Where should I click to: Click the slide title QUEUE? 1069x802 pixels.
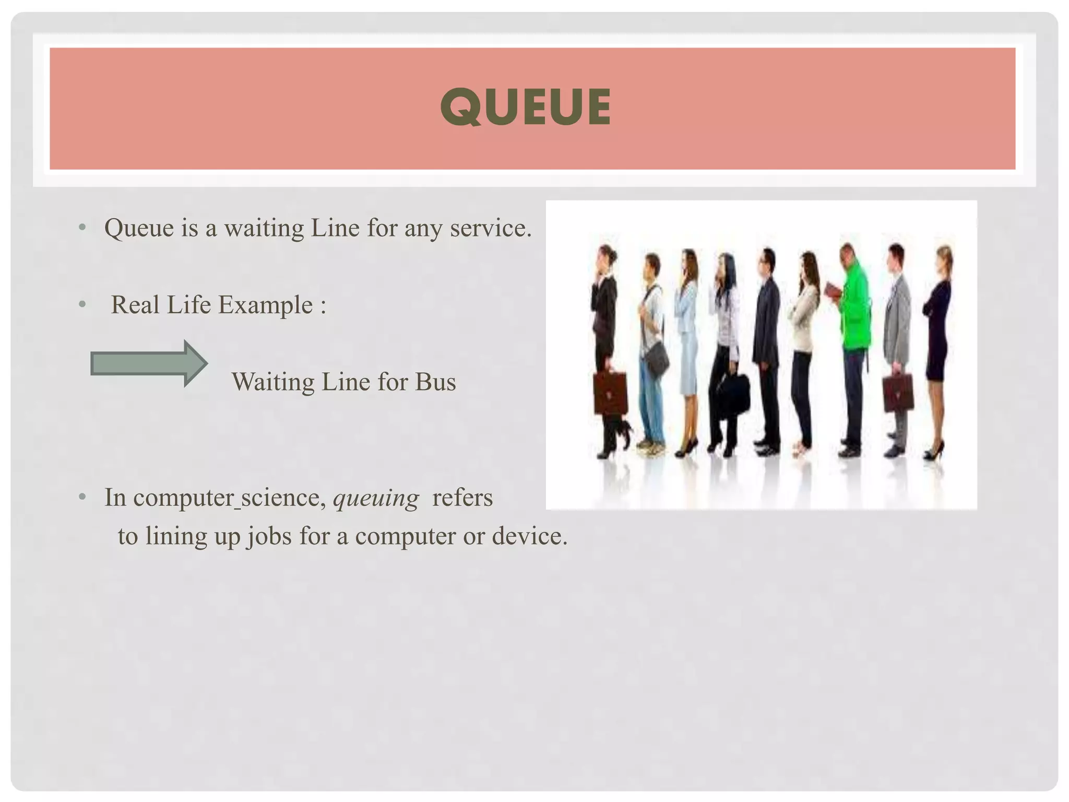pyautogui.click(x=526, y=107)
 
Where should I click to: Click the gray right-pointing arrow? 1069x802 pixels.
pyautogui.click(x=149, y=363)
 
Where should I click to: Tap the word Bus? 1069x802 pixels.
pyautogui.click(x=435, y=382)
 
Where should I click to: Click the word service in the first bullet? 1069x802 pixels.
pyautogui.click(x=490, y=228)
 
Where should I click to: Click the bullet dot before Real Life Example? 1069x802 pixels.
pyautogui.click(x=82, y=304)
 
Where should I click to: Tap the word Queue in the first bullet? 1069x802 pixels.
pyautogui.click(x=139, y=228)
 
